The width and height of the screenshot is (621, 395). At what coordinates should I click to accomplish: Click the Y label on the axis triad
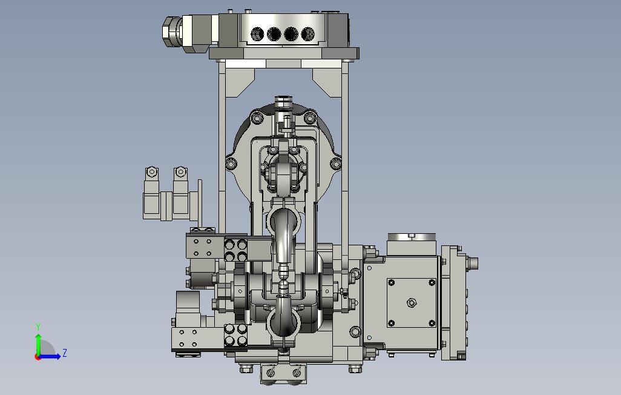pos(38,327)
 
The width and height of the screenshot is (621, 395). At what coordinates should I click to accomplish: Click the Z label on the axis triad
pos(65,353)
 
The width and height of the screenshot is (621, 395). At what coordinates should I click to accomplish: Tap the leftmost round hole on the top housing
pos(257,34)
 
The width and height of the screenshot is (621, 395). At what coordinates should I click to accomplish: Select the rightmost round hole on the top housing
pos(307,34)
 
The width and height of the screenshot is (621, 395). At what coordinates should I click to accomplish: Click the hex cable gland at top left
pos(171,30)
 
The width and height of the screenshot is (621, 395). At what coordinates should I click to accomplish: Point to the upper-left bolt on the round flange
pos(257,118)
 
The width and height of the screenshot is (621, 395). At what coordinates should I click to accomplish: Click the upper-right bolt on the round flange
pos(310,118)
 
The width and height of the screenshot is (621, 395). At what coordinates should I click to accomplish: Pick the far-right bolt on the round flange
pos(336,164)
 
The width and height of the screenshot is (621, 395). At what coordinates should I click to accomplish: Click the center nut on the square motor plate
pos(412,303)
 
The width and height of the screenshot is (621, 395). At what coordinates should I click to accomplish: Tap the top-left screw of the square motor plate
pos(392,282)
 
